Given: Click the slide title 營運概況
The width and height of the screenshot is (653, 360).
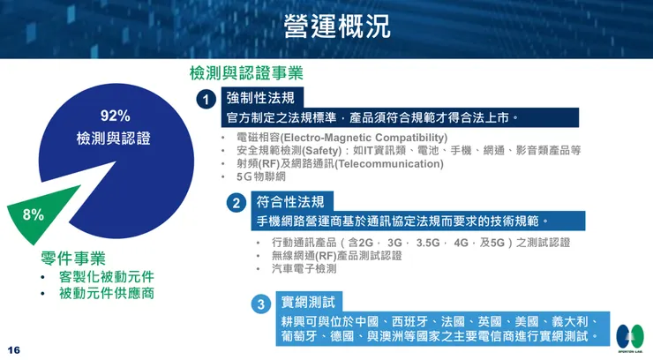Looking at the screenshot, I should (336, 26).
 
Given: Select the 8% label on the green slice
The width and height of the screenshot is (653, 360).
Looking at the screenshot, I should (34, 214).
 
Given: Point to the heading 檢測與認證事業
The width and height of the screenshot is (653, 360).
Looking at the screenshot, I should (246, 74).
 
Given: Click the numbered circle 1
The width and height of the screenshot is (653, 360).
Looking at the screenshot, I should (206, 98).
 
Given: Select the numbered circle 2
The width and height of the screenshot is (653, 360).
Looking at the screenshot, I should (236, 203).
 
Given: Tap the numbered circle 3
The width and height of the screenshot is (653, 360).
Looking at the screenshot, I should (260, 304).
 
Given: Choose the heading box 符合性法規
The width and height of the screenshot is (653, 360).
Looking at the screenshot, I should (289, 202).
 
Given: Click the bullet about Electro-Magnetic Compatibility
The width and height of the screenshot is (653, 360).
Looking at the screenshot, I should (342, 138).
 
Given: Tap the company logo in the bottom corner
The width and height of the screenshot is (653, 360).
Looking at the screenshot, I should (629, 335).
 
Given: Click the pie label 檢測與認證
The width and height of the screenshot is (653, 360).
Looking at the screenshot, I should (114, 139).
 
